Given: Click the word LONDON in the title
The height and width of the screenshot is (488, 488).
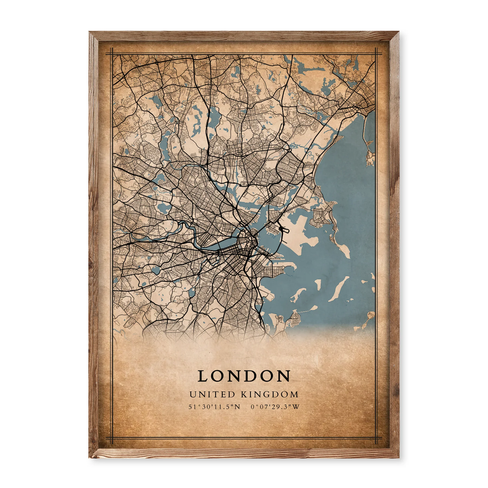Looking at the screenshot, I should click(x=244, y=376).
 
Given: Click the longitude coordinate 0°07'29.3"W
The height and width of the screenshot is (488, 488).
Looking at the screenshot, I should click(x=275, y=407).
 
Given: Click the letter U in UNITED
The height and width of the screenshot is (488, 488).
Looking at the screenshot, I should click(x=192, y=394).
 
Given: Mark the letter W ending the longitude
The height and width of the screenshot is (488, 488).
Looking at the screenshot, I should click(x=296, y=407).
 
